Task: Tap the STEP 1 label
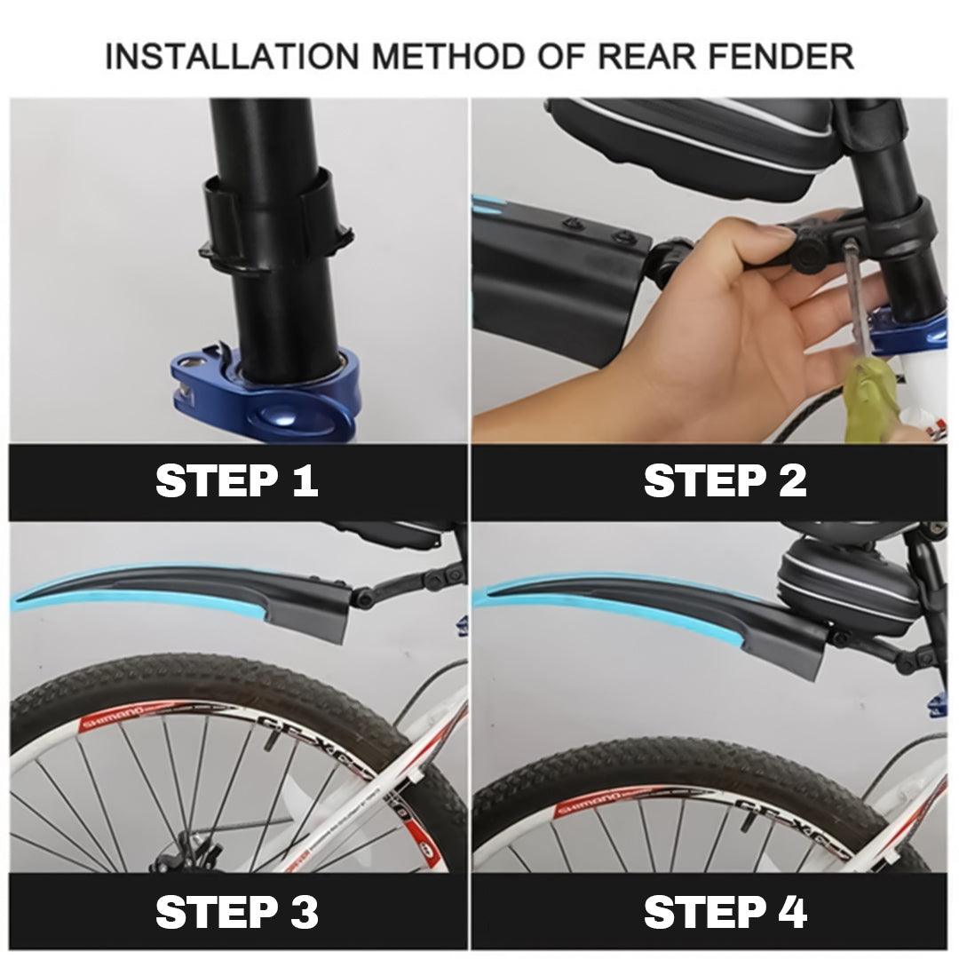(236, 481)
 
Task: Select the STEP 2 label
(725, 481)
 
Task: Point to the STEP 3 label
(236, 912)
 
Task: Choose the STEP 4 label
(725, 912)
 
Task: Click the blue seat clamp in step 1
(266, 391)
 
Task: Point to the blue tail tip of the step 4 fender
(488, 599)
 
